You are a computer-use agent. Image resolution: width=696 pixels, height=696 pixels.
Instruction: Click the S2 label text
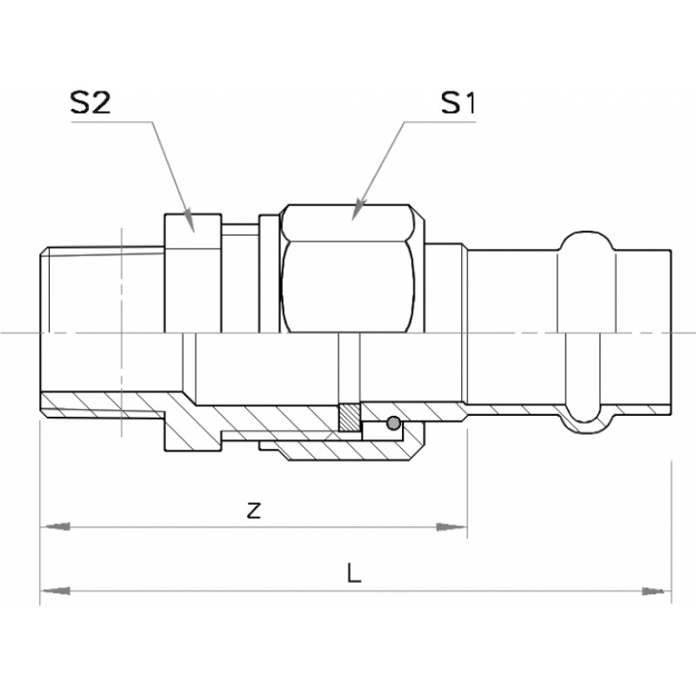coord(90,103)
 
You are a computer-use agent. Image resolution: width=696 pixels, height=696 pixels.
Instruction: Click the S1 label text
coord(458,103)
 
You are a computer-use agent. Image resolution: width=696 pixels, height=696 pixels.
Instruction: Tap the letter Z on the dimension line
coord(253,511)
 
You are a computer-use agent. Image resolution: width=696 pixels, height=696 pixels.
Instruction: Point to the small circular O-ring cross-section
coord(393,423)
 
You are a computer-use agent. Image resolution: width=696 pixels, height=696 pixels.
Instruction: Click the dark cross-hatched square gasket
coord(350,417)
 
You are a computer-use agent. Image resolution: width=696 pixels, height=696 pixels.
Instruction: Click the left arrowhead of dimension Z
coord(56,527)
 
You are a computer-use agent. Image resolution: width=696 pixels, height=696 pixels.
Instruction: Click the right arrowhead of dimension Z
coord(452,527)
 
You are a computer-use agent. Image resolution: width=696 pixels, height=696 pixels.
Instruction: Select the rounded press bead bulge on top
coord(586,242)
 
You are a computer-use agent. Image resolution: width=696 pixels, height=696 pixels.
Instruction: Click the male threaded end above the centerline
coord(103,290)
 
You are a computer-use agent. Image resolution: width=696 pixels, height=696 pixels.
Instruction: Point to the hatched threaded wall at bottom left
coord(103,404)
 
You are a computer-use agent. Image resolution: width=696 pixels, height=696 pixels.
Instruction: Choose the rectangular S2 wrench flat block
coord(193,273)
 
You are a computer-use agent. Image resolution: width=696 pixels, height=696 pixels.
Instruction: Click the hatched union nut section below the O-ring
coord(346,449)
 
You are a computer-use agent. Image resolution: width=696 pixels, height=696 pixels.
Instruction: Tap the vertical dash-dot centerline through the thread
coord(121,332)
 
